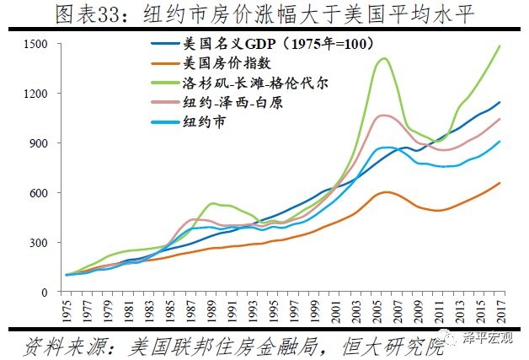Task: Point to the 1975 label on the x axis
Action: pyautogui.click(x=67, y=309)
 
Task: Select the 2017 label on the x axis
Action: pyautogui.click(x=499, y=309)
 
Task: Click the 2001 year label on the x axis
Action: pyautogui.click(x=334, y=309)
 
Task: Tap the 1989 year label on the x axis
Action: pyautogui.click(x=211, y=309)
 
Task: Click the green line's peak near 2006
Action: pyautogui.click(x=384, y=58)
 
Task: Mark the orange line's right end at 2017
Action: pyautogui.click(x=500, y=183)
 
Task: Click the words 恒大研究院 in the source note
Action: pyautogui.click(x=395, y=345)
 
